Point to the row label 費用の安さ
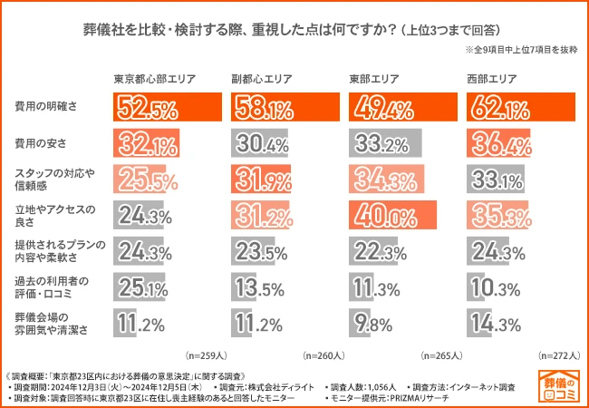41,143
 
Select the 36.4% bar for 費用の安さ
498,143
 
